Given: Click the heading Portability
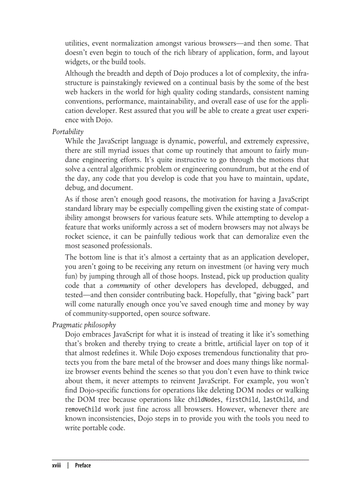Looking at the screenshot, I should [x=67, y=131].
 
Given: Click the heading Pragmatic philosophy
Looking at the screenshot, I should [x=84, y=325].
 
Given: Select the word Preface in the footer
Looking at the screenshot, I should [x=83, y=465].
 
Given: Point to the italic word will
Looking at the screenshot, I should [x=191, y=111].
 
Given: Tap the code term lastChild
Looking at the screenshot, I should [x=277, y=400].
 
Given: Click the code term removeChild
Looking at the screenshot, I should [x=80, y=409].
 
